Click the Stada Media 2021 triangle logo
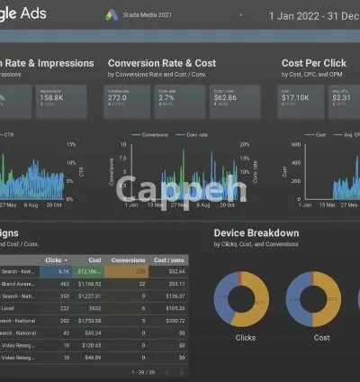pyautogui.click(x=112, y=15)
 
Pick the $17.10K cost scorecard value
pyautogui.click(x=297, y=100)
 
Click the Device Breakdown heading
pyautogui.click(x=256, y=233)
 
